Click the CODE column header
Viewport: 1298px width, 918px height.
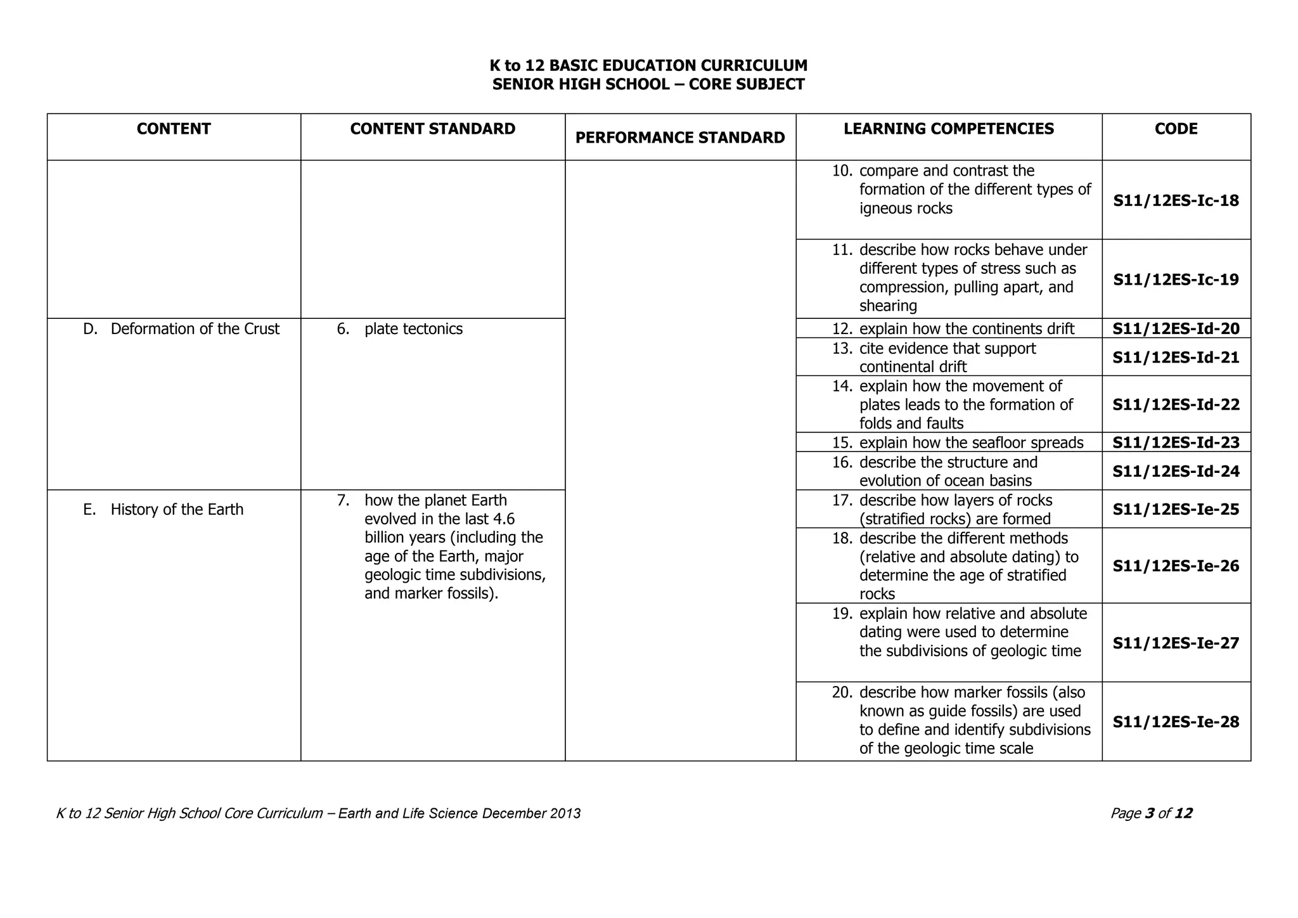pos(1176,129)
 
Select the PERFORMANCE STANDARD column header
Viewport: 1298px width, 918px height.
pos(680,138)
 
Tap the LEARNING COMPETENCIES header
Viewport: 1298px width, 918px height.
pos(949,129)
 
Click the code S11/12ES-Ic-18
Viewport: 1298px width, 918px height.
pos(1176,201)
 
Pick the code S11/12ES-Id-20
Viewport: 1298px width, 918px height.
pos(1176,328)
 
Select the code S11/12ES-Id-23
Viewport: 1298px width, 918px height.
pos(1176,443)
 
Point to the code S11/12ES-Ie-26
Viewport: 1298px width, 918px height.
pos(1176,566)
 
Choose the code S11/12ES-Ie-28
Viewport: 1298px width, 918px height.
pos(1176,721)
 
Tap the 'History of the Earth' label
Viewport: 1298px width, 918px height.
pos(177,510)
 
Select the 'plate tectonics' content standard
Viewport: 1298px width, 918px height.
pos(413,329)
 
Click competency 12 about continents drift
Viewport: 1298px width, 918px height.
pos(967,329)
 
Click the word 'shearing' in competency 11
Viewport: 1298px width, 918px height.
pos(888,306)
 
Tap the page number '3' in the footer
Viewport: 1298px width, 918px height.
pos(1150,813)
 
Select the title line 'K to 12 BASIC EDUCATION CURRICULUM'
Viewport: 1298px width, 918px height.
pos(648,66)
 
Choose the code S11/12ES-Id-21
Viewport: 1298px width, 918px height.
pos(1176,358)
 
